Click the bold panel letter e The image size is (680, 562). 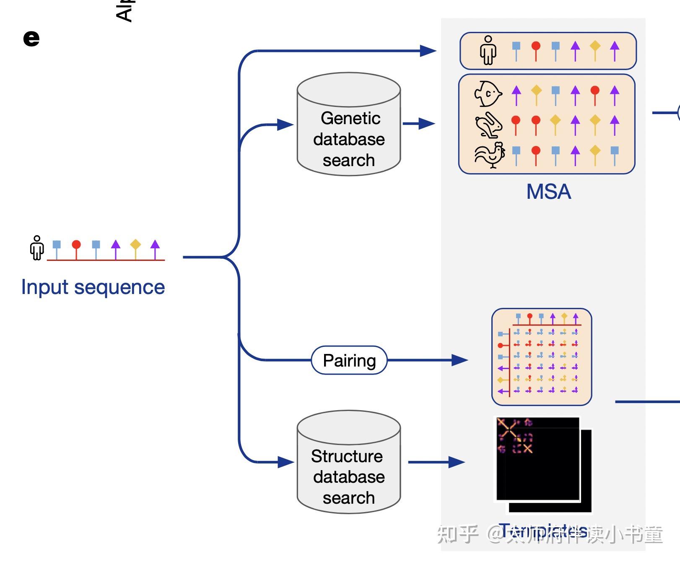pyautogui.click(x=31, y=39)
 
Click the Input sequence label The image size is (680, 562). pyautogui.click(x=93, y=287)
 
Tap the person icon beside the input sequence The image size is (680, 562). pyautogui.click(x=37, y=248)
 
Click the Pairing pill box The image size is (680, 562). pyautogui.click(x=349, y=360)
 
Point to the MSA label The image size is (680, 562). pyautogui.click(x=548, y=192)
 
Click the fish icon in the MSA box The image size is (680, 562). pyautogui.click(x=488, y=94)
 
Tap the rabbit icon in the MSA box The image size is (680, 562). pyautogui.click(x=488, y=125)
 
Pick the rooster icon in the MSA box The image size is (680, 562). pyautogui.click(x=489, y=155)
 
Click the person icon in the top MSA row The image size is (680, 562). pyautogui.click(x=488, y=50)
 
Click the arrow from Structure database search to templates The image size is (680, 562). pyautogui.click(x=436, y=462)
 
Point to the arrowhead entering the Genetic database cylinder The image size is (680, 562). pyautogui.click(x=286, y=125)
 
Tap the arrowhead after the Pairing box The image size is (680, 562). pyautogui.click(x=459, y=360)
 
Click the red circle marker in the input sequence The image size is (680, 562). pyautogui.click(x=76, y=245)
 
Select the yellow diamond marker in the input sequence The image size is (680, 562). pyautogui.click(x=135, y=244)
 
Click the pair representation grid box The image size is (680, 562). pyautogui.click(x=541, y=357)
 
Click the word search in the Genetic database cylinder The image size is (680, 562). pyautogui.click(x=348, y=160)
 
